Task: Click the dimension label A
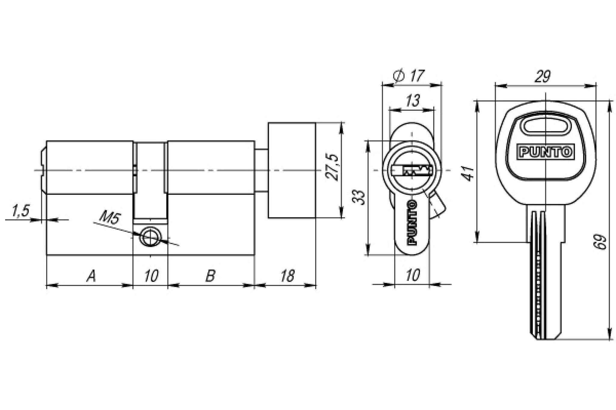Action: [91, 276]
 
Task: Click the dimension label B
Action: [211, 276]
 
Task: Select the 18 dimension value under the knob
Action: [288, 276]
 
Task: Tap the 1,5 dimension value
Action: [20, 211]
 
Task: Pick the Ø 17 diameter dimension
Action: [409, 76]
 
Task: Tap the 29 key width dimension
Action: [543, 77]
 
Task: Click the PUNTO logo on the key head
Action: [545, 152]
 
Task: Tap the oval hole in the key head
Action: [545, 128]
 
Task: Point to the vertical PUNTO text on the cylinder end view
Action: [412, 222]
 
